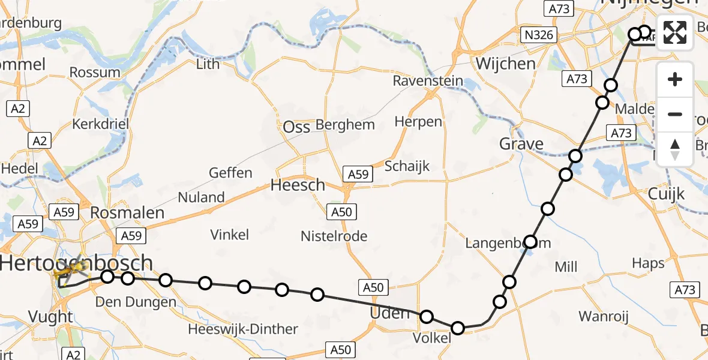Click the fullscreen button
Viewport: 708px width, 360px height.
click(675, 32)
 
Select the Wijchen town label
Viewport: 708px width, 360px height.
click(505, 64)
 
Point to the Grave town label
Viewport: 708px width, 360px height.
click(521, 144)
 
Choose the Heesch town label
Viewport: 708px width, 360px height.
click(298, 185)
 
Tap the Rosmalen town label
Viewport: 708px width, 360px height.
click(127, 212)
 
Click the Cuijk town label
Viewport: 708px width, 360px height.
click(666, 194)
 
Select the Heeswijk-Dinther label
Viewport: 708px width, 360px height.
click(242, 329)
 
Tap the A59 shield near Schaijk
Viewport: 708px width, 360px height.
click(358, 174)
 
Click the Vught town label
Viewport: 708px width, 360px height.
click(51, 317)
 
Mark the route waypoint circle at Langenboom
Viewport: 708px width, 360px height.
click(530, 242)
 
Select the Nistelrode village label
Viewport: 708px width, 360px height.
click(334, 236)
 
